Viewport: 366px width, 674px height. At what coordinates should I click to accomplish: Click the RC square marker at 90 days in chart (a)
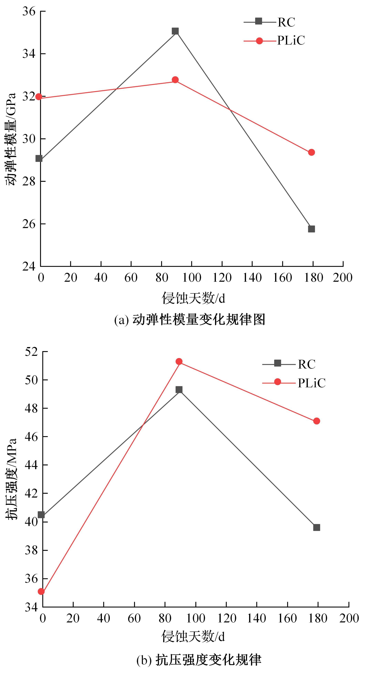(175, 31)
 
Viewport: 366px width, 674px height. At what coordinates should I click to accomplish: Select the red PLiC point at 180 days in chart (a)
(311, 152)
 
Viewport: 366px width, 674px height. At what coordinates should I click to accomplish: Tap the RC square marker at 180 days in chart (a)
(311, 229)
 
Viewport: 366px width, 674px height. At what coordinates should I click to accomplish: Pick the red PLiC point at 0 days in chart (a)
(39, 97)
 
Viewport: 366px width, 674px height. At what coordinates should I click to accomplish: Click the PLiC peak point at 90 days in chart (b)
(179, 362)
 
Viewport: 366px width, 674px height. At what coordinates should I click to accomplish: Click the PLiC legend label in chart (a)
(291, 41)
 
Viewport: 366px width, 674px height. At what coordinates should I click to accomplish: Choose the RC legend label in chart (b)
(307, 364)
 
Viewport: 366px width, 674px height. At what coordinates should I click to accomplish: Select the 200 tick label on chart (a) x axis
(343, 278)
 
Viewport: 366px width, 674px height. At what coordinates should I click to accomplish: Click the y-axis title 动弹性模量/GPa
(11, 139)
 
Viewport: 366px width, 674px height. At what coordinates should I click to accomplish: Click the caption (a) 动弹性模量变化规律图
(190, 320)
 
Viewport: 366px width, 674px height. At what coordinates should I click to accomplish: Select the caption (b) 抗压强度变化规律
(199, 660)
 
